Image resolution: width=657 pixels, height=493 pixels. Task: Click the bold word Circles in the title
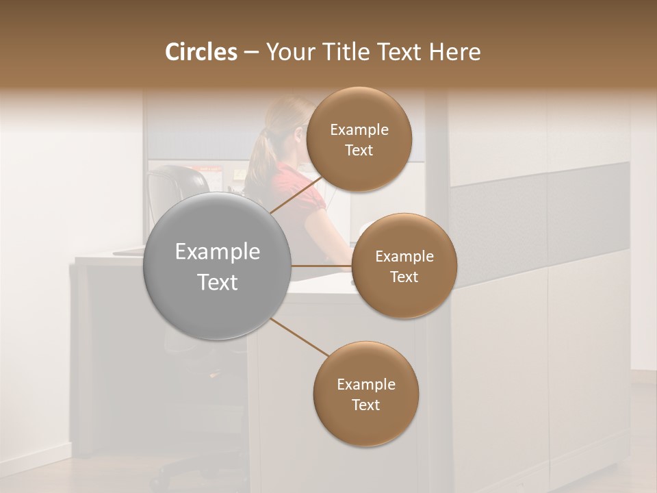click(x=201, y=52)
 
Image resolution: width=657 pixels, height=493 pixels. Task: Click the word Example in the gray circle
click(x=218, y=252)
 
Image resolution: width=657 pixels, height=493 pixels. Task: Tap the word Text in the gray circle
click(x=218, y=282)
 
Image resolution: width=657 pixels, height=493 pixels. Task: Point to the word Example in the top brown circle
click(x=359, y=130)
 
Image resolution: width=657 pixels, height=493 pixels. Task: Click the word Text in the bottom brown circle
click(x=366, y=405)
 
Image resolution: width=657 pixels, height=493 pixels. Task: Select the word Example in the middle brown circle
click(x=404, y=257)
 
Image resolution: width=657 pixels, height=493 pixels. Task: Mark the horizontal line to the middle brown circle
click(x=322, y=266)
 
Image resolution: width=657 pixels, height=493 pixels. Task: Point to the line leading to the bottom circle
click(x=299, y=337)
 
